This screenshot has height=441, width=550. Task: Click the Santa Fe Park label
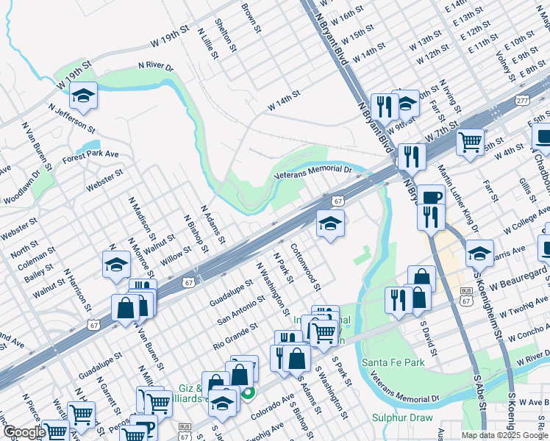tap(394, 363)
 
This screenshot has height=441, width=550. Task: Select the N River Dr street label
tap(155, 66)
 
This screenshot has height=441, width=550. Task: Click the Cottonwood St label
tap(307, 265)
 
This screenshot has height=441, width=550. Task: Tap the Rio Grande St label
tap(236, 334)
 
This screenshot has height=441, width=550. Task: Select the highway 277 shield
tap(522, 100)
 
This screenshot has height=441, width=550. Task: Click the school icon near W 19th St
tap(84, 95)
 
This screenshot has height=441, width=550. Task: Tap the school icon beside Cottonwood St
tap(330, 223)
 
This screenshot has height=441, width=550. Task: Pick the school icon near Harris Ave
tap(479, 253)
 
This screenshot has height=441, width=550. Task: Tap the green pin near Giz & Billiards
tap(249, 394)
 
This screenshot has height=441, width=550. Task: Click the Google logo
tap(24, 432)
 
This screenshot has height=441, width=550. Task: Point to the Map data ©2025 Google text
tap(504, 435)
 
